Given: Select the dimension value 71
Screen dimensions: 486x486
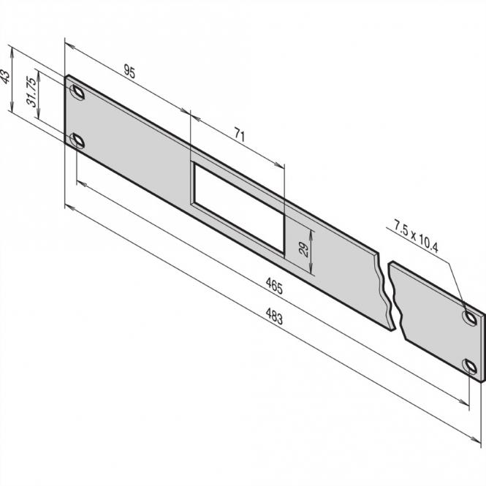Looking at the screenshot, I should coord(239,134).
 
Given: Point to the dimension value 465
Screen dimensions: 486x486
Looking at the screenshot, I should coord(273,286).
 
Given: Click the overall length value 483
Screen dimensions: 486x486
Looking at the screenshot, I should coord(273,319).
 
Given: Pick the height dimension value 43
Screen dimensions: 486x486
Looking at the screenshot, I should coord(6,77).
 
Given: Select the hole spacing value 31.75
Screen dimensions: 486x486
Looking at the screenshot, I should coord(31,91).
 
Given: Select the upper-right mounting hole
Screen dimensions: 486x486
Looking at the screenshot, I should coord(470,316).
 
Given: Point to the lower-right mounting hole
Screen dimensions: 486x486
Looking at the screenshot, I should coord(471,368).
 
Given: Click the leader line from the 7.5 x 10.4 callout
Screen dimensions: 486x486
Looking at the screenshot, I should coord(451,278).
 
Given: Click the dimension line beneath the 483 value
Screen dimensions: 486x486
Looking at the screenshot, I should coord(273,329).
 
